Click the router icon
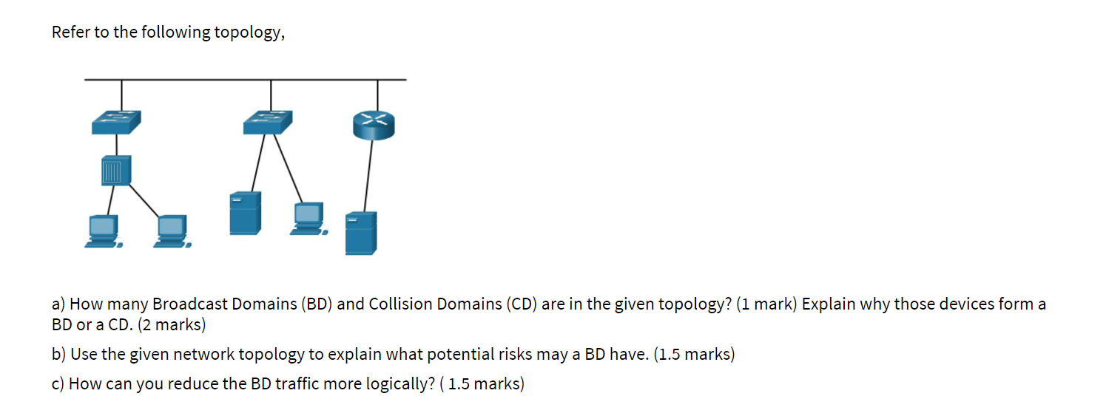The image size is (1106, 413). (374, 125)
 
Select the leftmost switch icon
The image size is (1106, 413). (116, 122)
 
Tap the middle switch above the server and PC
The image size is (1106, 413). (268, 122)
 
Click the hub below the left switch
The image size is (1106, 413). (116, 171)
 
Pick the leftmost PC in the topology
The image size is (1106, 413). (102, 231)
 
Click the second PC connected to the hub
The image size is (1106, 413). (172, 231)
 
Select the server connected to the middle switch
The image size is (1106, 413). (245, 213)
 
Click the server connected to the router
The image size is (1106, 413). (361, 233)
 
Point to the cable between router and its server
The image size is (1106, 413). (368, 175)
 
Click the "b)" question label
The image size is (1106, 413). (59, 355)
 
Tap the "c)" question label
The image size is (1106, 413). (58, 384)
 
